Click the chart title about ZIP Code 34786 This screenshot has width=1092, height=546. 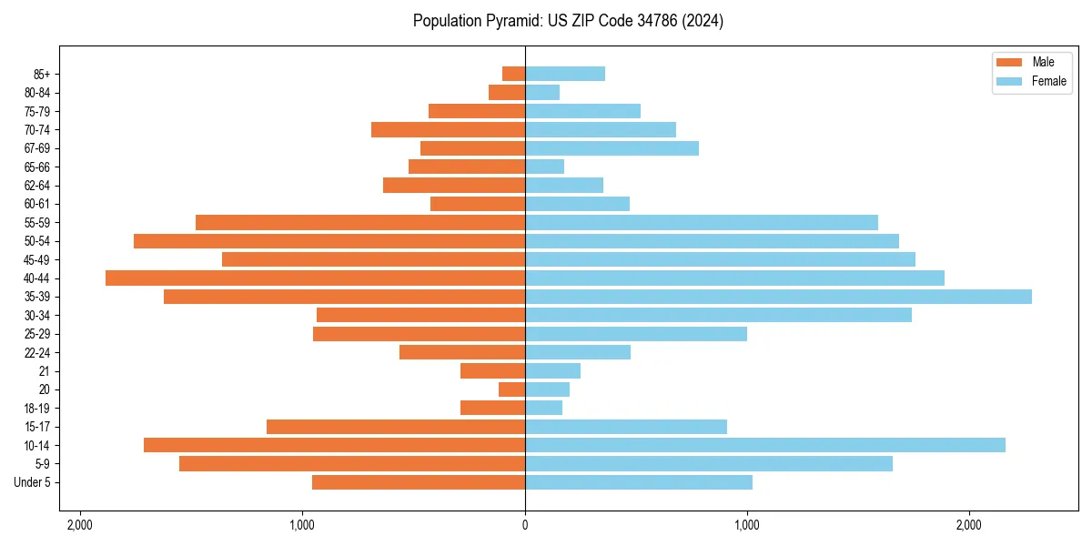[568, 21]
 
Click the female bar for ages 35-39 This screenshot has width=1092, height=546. [778, 297]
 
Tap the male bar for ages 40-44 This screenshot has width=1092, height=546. [315, 278]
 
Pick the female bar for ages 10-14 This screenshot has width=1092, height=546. [764, 445]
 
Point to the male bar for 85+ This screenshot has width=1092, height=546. [514, 74]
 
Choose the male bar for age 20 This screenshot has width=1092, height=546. [512, 389]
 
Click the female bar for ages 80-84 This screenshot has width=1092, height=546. [542, 92]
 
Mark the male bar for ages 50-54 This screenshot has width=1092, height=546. [329, 241]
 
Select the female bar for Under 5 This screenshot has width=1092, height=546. [639, 482]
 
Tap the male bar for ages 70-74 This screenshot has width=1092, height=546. [448, 129]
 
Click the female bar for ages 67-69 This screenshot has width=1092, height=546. [612, 148]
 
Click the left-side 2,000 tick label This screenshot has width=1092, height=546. [80, 525]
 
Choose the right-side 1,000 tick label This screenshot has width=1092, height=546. [747, 525]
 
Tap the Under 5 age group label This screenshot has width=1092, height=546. [32, 482]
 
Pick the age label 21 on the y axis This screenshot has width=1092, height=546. [45, 371]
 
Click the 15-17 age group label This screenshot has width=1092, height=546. [36, 427]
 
